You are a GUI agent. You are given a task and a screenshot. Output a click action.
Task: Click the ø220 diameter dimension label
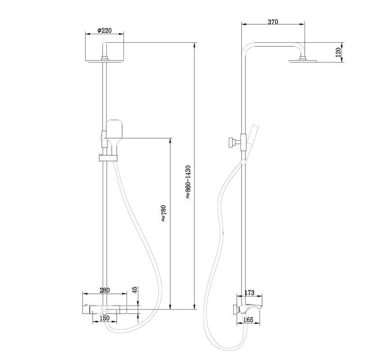pos(104,31)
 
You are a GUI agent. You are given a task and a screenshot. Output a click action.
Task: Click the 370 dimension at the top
pos(273,22)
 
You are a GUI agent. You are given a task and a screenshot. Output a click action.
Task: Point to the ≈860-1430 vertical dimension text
pos(188,182)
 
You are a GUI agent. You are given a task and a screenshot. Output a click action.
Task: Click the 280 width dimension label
pos(105,291)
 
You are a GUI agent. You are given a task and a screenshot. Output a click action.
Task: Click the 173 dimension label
pos(249,293)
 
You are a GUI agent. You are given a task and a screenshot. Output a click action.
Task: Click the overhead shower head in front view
pos(105,62)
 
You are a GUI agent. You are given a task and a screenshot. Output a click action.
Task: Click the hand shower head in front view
pos(115,130)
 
